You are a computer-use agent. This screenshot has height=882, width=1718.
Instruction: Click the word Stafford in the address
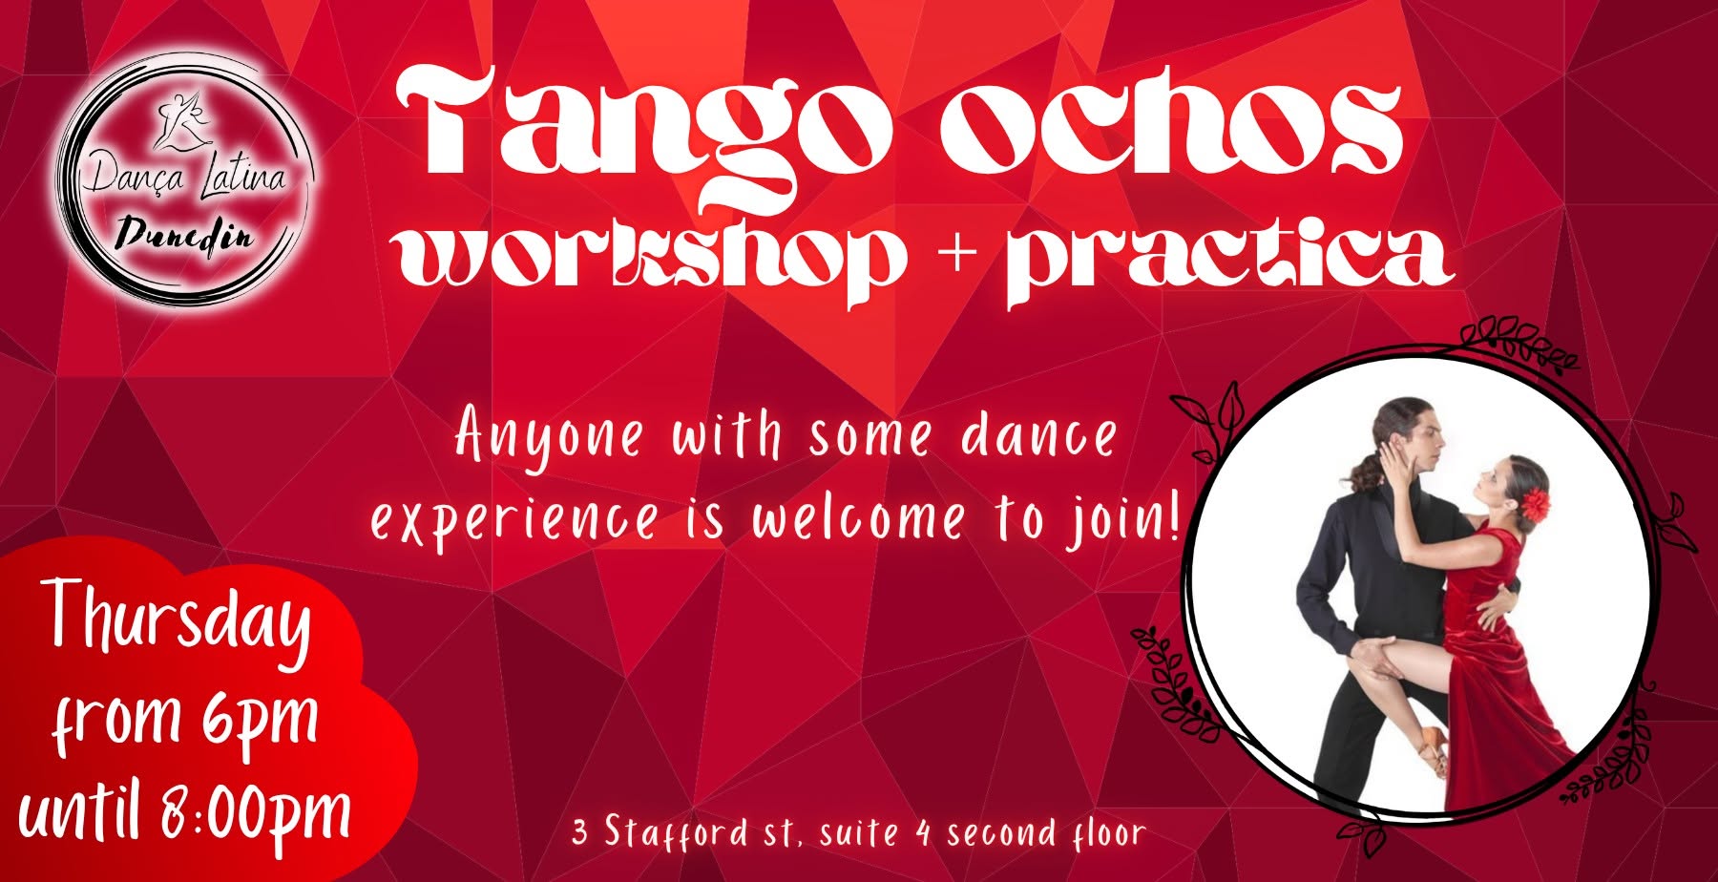click(x=676, y=832)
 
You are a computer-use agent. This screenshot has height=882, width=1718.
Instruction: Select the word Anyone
click(x=550, y=438)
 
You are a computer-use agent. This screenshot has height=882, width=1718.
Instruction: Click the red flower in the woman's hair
click(x=1536, y=504)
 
